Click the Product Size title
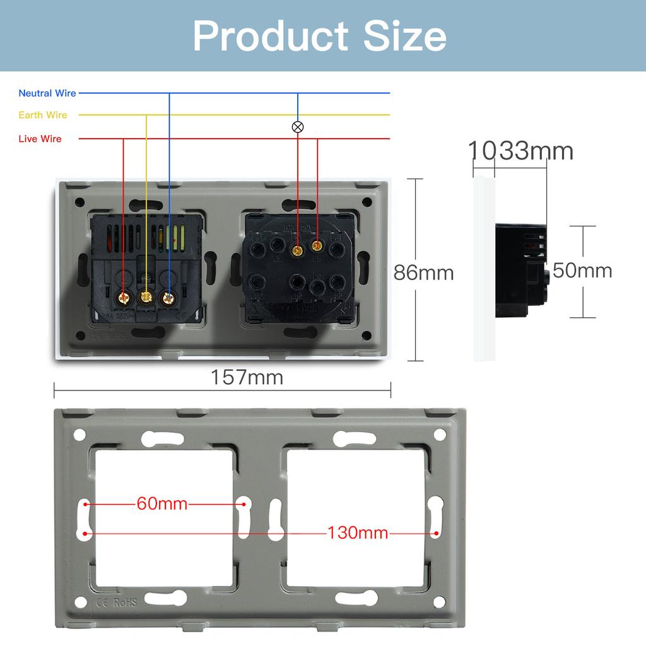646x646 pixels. click(320, 36)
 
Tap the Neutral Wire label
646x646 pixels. click(47, 93)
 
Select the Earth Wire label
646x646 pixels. click(43, 115)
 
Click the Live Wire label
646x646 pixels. click(40, 139)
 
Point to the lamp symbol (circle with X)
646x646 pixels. click(298, 127)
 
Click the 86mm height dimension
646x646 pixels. click(423, 273)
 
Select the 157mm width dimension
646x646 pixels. click(247, 377)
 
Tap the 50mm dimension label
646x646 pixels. click(582, 271)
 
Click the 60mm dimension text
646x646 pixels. click(162, 504)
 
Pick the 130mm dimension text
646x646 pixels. click(357, 533)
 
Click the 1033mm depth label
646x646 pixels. click(520, 151)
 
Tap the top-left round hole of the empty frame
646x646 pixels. click(79, 435)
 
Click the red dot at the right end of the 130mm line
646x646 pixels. click(436, 534)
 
